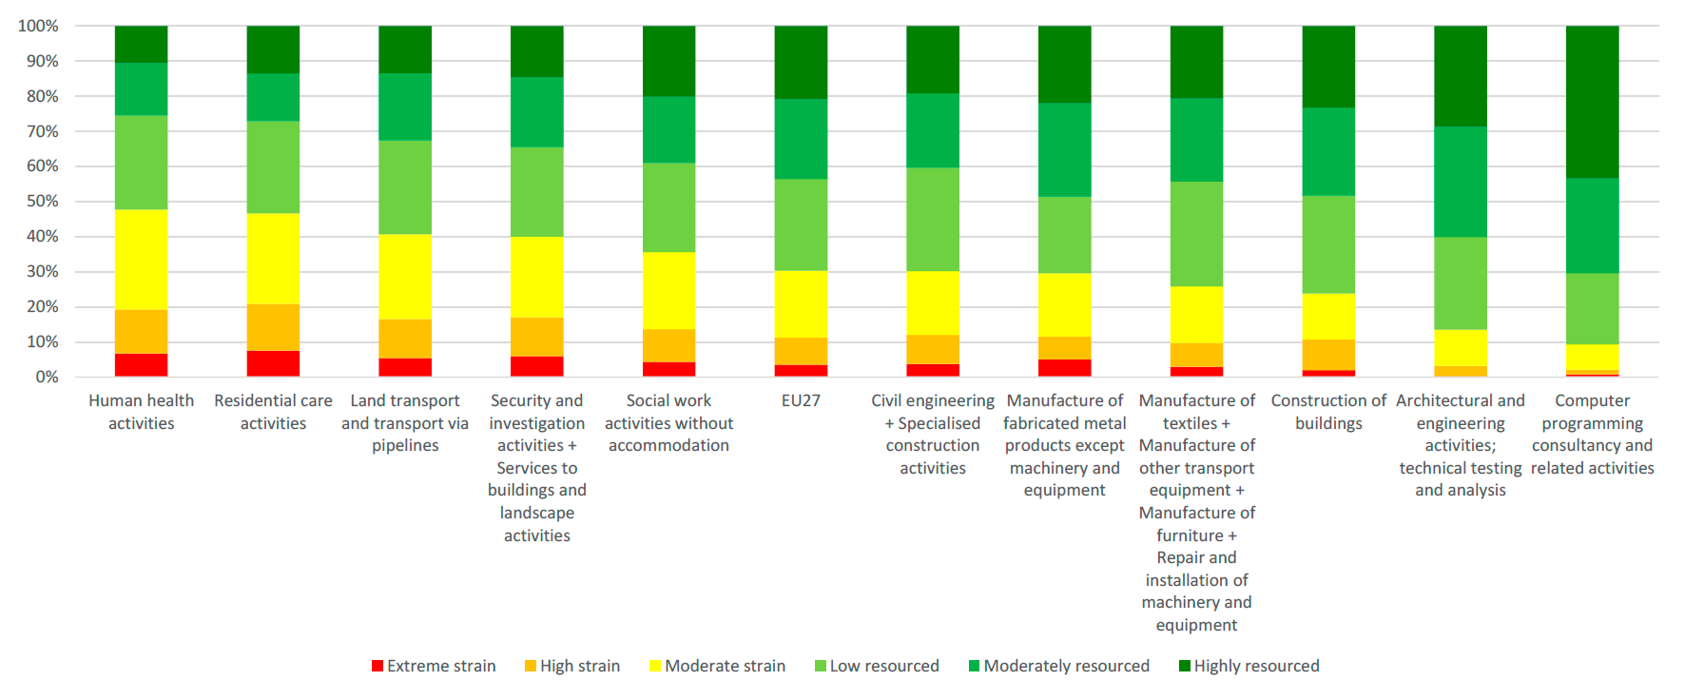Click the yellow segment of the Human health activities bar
coord(141,260)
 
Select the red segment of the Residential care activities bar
coord(273,363)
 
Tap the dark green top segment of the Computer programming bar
coord(1592,102)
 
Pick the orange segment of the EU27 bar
coord(801,351)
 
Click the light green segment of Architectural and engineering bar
coord(1460,283)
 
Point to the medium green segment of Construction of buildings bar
coord(1328,152)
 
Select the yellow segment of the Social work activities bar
coord(668,291)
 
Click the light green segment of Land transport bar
coord(405,187)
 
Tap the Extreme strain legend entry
coord(434,666)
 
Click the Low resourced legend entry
coord(877,666)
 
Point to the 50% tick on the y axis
coord(42,202)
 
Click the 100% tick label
coord(38,26)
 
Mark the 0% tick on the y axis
coord(47,377)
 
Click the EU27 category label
coord(801,400)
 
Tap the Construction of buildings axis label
coord(1328,412)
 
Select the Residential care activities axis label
coord(273,412)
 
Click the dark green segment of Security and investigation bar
coord(537,51)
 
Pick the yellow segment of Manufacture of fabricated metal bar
coord(1064,304)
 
